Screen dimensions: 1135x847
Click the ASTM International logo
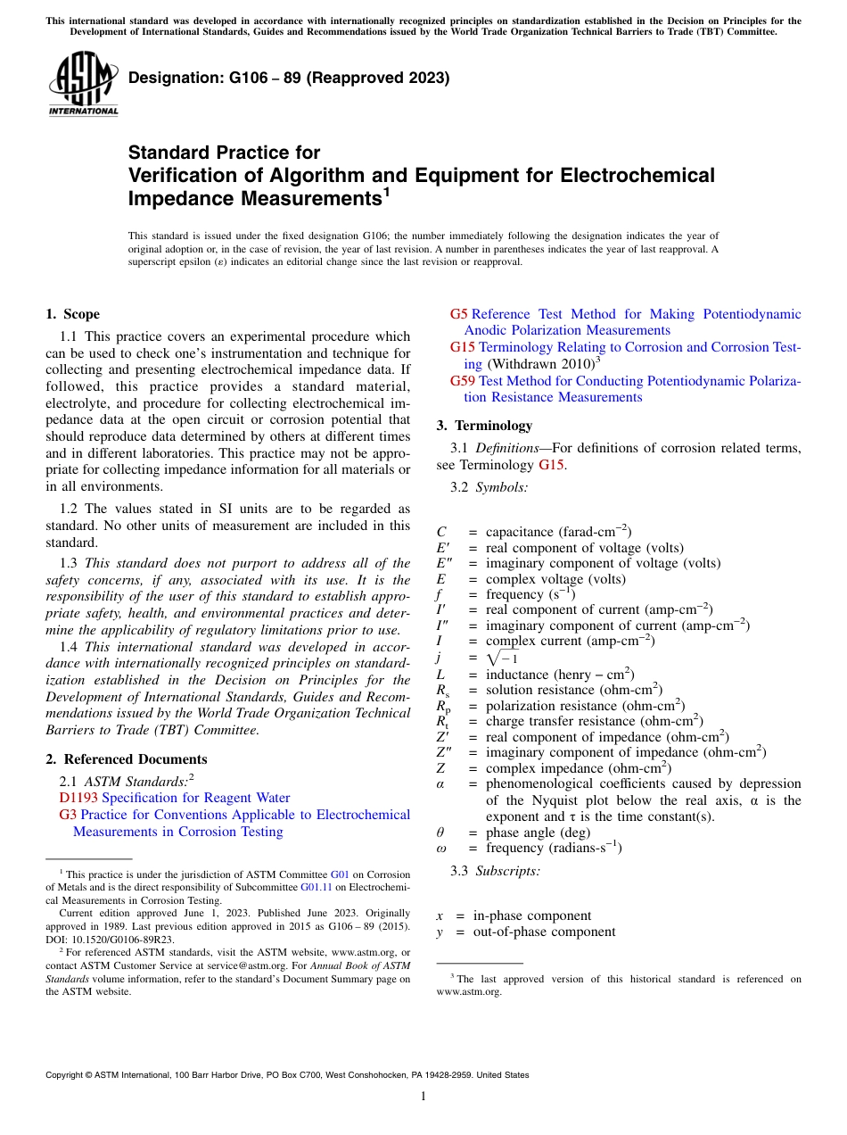point(82,85)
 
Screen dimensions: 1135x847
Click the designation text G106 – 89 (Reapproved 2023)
point(289,79)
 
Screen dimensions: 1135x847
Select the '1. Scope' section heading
point(73,314)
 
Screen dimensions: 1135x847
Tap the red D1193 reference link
point(78,798)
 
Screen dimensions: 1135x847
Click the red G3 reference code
point(68,815)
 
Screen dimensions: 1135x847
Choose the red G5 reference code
point(458,314)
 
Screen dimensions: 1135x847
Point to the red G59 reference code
point(463,381)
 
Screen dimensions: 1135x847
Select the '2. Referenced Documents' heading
point(127,759)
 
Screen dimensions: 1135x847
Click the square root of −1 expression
point(503,659)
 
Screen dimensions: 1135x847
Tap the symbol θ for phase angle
point(440,833)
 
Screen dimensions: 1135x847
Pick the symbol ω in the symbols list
point(441,848)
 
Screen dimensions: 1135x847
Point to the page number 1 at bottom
point(423,1097)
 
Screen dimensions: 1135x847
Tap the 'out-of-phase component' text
point(544,932)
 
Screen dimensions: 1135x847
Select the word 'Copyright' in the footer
point(65,1075)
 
